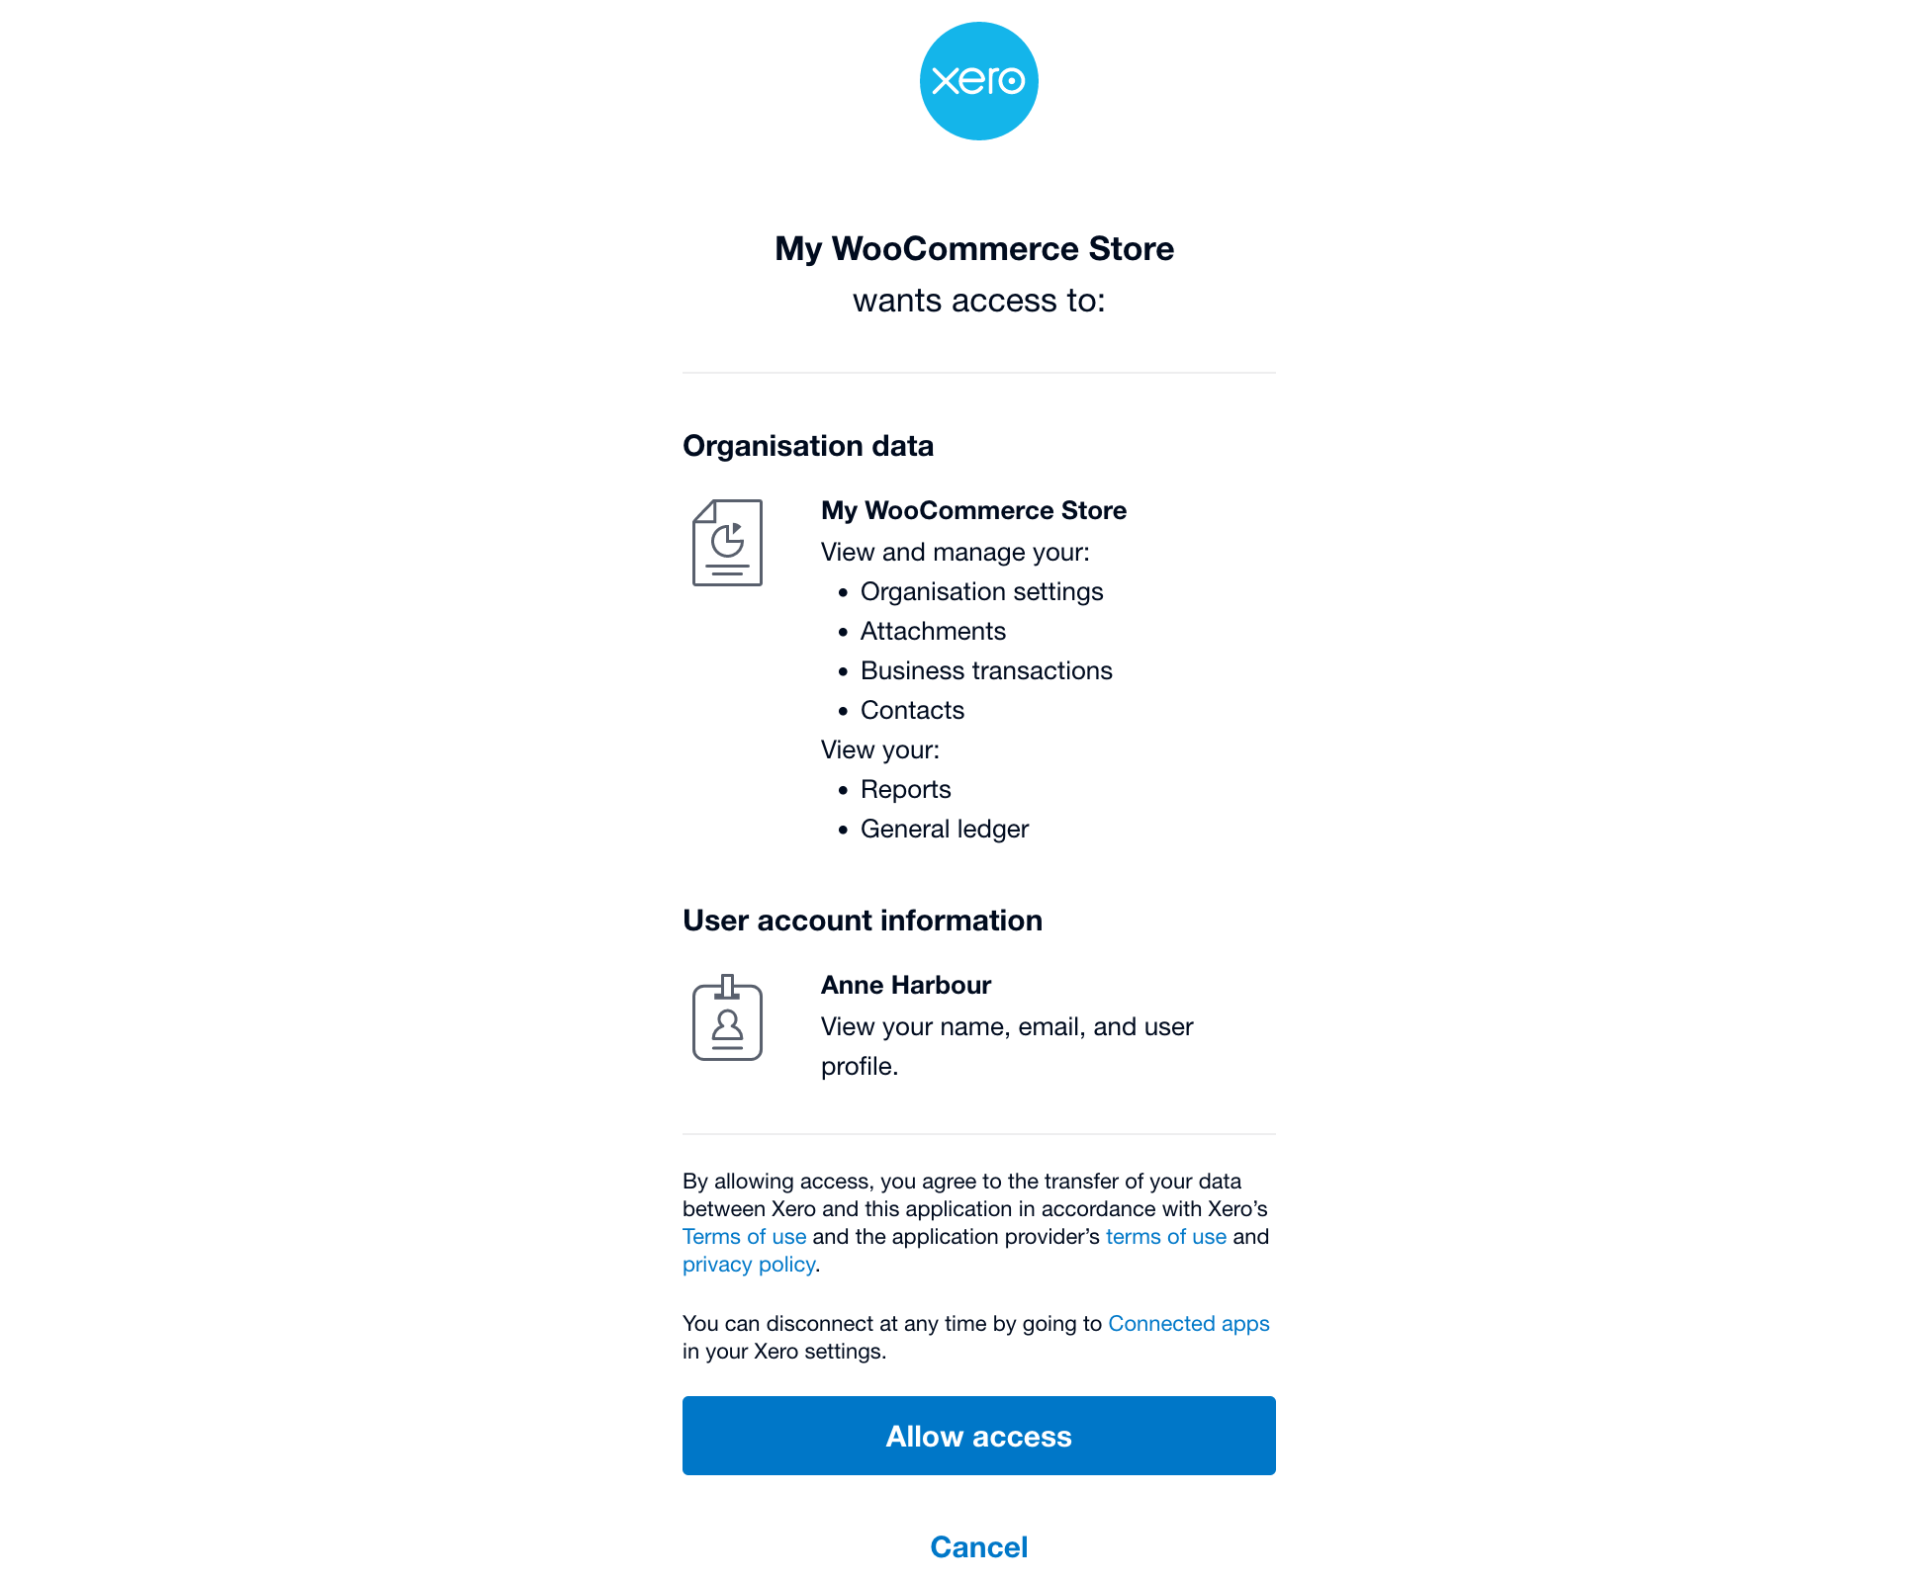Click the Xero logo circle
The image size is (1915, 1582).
coord(978,81)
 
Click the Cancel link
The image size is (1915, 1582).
coord(978,1546)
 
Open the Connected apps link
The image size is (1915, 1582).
coord(1188,1323)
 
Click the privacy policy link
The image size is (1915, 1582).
coord(748,1264)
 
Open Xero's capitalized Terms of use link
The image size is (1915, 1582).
coord(744,1236)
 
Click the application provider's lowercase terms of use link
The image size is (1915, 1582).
coord(1165,1236)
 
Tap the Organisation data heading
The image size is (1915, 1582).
coord(807,446)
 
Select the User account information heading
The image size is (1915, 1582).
coord(862,921)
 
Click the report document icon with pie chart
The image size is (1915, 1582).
coord(727,543)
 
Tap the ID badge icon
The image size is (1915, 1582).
coord(727,1018)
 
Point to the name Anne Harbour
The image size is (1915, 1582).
coord(905,985)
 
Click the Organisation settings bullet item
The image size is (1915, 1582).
coord(981,591)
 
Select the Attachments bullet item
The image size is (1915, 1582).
coord(933,631)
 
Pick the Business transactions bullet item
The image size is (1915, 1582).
coord(986,670)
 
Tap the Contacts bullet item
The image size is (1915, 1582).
coord(912,710)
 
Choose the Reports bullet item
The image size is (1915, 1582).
coord(905,789)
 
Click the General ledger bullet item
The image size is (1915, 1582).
coord(944,829)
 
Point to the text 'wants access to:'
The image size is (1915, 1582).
coord(978,301)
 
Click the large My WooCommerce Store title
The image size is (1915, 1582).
coord(973,248)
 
